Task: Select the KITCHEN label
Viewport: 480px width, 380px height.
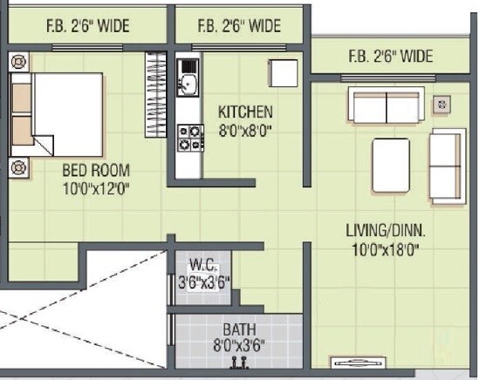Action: click(245, 112)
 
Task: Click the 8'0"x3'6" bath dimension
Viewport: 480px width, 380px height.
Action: click(238, 344)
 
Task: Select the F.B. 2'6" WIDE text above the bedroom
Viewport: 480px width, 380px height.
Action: click(87, 26)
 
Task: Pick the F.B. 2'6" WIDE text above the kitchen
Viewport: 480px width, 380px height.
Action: click(239, 26)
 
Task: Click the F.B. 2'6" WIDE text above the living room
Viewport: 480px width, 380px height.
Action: click(391, 58)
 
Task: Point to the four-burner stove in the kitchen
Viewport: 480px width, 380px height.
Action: click(189, 138)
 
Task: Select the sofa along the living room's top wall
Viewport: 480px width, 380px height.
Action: click(385, 105)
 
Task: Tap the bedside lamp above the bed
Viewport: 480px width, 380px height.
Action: click(19, 62)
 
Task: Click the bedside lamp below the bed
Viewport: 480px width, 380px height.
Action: click(19, 167)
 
